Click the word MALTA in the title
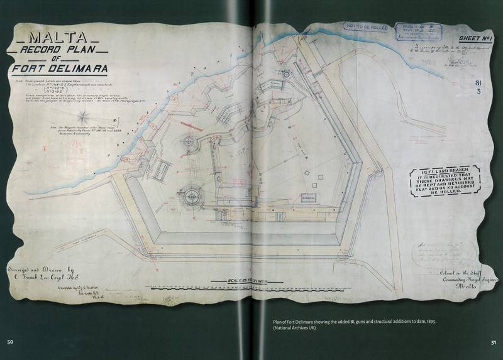(x=62, y=37)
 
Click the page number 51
(x=494, y=342)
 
